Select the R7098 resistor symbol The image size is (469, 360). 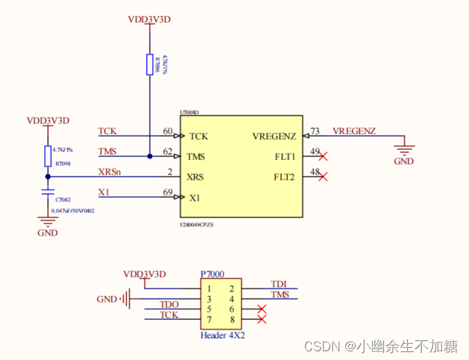tap(48, 156)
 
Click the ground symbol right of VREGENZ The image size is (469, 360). tap(404, 148)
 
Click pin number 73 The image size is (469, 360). tap(315, 131)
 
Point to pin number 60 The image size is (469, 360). tap(168, 131)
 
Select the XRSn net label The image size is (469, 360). tap(109, 172)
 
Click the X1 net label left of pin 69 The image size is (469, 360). tap(104, 192)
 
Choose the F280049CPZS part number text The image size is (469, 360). tap(201, 225)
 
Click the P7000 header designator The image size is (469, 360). tap(212, 274)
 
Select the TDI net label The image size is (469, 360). tap(278, 284)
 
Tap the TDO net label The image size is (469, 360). tap(169, 304)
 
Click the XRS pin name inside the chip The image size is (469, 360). tap(196, 177)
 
